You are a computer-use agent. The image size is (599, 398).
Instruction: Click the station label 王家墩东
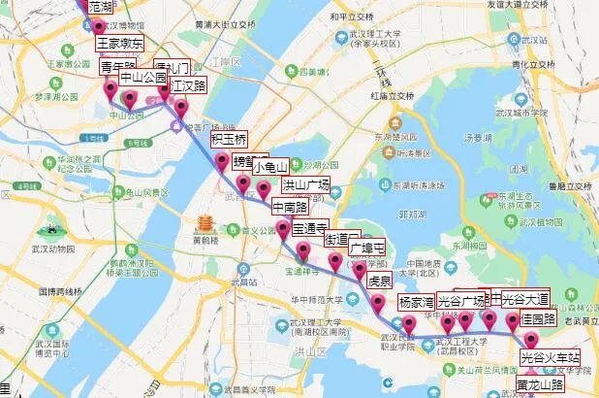[119, 44]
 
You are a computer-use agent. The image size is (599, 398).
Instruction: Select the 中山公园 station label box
[142, 78]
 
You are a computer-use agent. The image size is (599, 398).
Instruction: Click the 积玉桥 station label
[229, 139]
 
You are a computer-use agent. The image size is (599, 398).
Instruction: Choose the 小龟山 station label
[270, 166]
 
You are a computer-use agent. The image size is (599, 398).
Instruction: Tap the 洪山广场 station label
[305, 183]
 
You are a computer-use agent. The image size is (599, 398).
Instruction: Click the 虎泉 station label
[379, 282]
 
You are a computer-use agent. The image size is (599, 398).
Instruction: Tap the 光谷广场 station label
[461, 299]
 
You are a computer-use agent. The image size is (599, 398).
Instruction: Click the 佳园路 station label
[539, 318]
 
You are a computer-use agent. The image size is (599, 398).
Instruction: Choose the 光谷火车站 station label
[550, 358]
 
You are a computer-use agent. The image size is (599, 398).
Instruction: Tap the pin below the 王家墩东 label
[98, 28]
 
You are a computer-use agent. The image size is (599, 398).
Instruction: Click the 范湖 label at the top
[100, 6]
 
